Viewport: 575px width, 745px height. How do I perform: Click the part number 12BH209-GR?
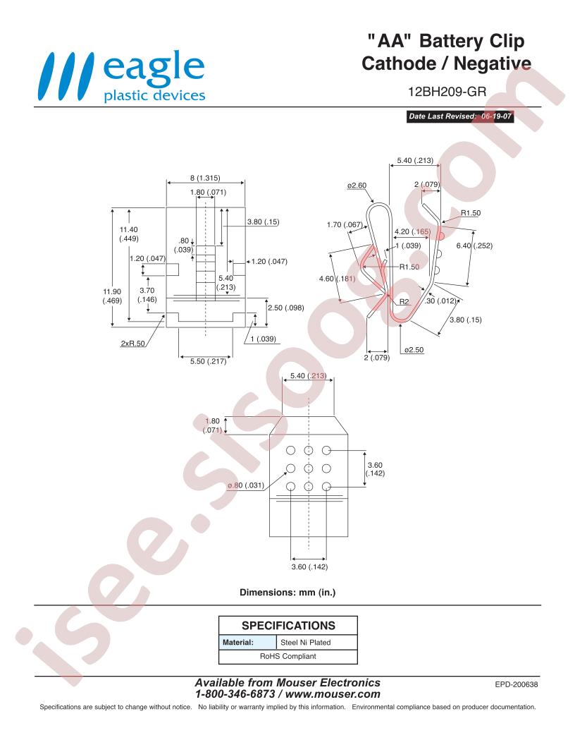click(447, 91)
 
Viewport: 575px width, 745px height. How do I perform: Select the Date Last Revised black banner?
click(459, 116)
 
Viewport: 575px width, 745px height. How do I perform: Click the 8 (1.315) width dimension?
click(205, 178)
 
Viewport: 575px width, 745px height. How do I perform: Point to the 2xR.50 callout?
click(133, 344)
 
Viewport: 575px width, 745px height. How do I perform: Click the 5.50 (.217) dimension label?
click(209, 361)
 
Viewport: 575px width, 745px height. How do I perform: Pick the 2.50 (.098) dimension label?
click(285, 308)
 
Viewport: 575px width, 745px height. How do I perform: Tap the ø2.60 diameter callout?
click(357, 186)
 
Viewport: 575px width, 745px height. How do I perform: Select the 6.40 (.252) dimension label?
click(474, 246)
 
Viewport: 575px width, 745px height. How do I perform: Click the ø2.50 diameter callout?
click(414, 350)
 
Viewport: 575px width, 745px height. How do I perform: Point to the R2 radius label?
click(404, 302)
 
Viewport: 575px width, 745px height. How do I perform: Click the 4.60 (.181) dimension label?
click(338, 279)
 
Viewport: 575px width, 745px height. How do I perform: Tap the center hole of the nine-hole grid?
click(309, 468)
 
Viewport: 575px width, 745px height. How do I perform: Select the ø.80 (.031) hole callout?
click(246, 485)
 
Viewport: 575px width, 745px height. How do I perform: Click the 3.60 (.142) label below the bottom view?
click(309, 567)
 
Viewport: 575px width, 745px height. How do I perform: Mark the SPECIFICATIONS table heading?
click(288, 625)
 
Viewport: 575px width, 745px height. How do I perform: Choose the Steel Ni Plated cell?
click(306, 643)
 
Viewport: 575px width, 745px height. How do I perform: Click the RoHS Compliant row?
click(288, 656)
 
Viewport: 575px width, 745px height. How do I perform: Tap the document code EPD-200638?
click(517, 684)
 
